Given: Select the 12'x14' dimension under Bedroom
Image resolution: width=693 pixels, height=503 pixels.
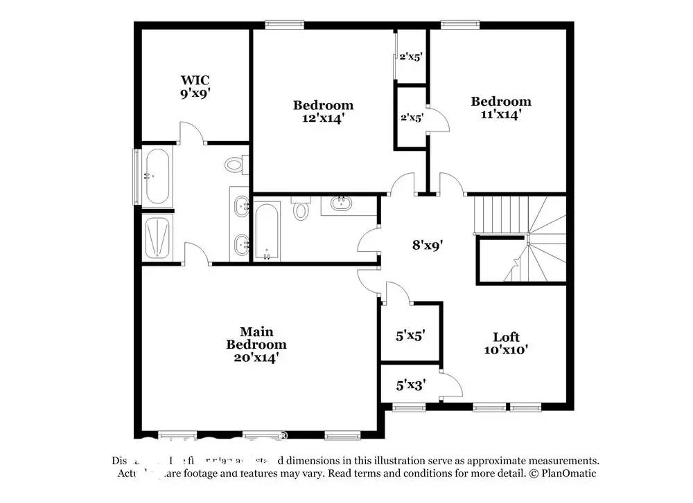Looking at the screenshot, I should click(x=323, y=118).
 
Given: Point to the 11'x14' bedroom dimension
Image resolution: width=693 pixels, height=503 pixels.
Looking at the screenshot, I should click(x=501, y=115).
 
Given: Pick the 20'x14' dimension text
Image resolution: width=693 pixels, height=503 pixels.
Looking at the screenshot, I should click(x=256, y=358).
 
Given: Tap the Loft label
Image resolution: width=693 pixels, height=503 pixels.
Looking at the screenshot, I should click(x=506, y=337).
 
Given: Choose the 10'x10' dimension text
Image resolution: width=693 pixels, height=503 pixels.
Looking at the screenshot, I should click(x=506, y=350).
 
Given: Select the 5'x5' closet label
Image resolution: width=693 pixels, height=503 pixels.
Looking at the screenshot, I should click(x=410, y=336).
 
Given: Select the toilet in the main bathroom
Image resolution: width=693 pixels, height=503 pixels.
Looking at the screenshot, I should click(x=234, y=164).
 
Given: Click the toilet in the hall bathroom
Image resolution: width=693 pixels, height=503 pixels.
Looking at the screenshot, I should click(x=301, y=208).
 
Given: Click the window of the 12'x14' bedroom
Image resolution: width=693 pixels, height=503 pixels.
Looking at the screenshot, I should click(x=284, y=24).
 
